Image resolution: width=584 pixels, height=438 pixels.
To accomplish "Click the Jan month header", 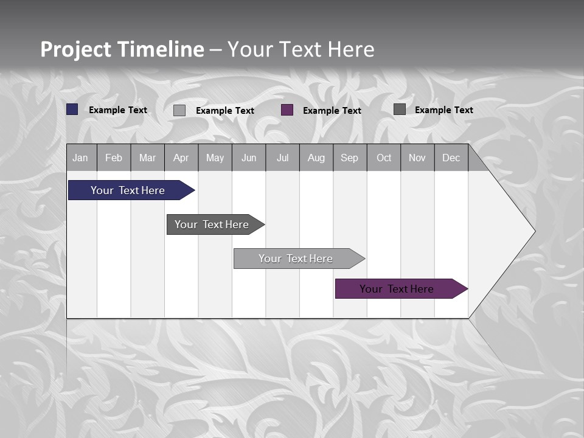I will pos(80,158).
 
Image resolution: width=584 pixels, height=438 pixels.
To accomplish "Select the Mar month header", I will pos(147,158).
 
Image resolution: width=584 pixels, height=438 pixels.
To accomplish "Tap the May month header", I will pos(215,158).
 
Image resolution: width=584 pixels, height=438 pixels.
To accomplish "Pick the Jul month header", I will pos(282,158).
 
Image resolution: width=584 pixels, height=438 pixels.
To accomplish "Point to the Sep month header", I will pos(349,158).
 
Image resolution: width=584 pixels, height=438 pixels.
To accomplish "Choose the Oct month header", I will pos(384,158).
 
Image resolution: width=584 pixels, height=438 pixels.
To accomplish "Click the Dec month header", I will pos(451,158).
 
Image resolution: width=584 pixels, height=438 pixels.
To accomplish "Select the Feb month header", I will pos(114,158).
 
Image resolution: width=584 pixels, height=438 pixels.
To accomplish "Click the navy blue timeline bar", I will pos(128,190).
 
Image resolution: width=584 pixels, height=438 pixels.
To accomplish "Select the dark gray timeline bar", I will pos(212,224).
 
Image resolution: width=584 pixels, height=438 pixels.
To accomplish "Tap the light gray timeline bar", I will pos(296,259).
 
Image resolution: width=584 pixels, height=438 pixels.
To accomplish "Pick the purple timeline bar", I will pos(397,289).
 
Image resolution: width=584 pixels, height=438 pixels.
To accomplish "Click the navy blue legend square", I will pos(72,109).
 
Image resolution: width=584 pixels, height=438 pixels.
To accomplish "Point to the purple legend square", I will pos(287,110).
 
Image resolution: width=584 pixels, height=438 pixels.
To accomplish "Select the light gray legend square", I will pos(179,110).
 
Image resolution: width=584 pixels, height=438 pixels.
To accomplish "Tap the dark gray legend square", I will pos(400,109).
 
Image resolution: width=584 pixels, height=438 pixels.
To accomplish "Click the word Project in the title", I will pos(76,49).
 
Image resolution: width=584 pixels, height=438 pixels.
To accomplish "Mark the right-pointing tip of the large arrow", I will pos(534,231).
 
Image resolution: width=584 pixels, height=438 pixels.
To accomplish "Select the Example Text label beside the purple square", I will pos(332,111).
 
